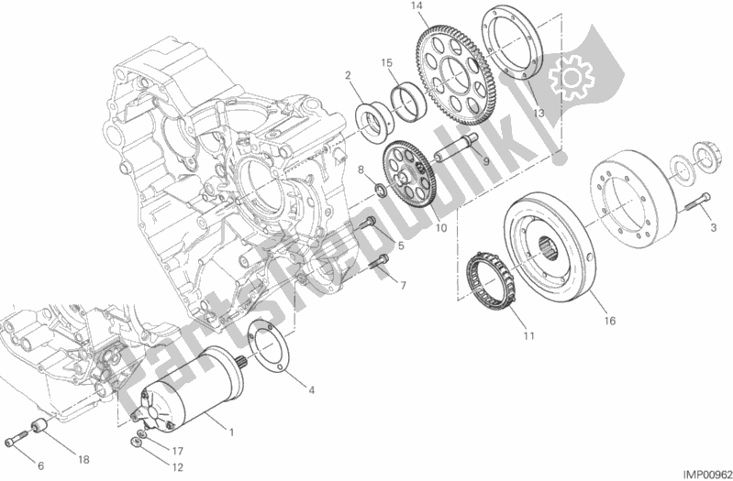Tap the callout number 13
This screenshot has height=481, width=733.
(539, 113)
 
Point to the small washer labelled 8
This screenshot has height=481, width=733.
(378, 191)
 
